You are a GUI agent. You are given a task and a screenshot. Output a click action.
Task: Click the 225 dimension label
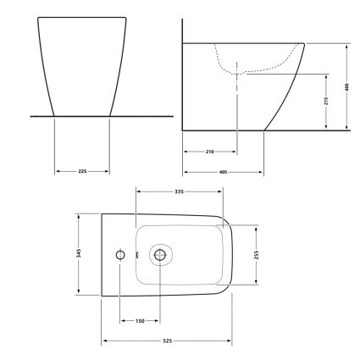click(82, 171)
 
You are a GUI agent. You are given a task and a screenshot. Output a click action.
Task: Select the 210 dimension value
click(209, 152)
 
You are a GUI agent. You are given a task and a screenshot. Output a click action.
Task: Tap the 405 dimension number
click(223, 172)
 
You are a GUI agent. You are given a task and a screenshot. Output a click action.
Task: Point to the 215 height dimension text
click(326, 101)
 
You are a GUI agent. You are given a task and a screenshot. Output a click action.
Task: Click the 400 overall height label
click(347, 87)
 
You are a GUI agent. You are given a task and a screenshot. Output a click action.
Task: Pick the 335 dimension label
click(179, 191)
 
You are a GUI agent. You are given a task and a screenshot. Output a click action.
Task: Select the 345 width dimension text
click(79, 253)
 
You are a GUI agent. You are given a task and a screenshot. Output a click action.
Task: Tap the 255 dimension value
click(257, 255)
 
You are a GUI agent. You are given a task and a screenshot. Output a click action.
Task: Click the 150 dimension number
click(140, 321)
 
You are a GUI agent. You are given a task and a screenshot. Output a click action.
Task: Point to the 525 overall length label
click(168, 341)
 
